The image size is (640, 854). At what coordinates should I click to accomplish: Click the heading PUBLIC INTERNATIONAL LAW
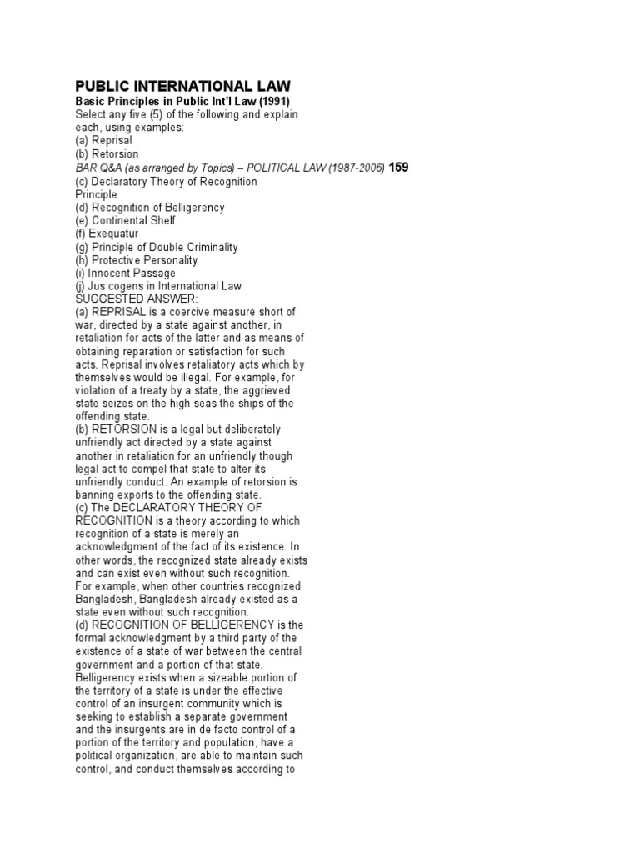tap(182, 86)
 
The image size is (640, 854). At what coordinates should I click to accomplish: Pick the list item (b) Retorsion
tap(107, 154)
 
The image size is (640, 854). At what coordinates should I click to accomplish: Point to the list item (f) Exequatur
tap(109, 234)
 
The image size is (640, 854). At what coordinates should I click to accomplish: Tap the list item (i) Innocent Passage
tap(125, 273)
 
